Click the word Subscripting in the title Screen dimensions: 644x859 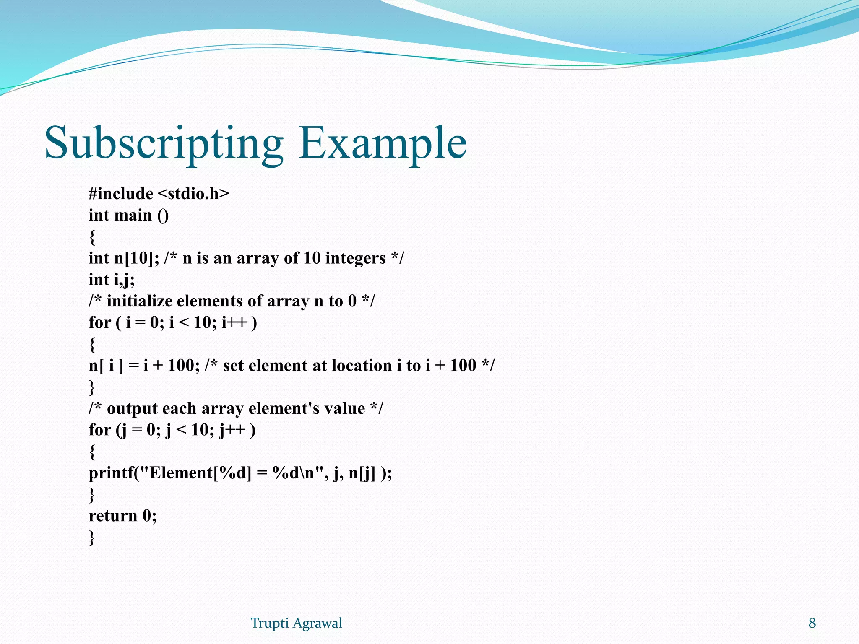point(164,143)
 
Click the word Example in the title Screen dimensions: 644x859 point(382,143)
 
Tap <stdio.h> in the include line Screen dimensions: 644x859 point(194,194)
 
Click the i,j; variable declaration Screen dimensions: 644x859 point(124,280)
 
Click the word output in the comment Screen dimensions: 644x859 point(130,408)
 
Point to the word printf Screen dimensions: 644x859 point(111,473)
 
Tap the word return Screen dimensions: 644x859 point(113,516)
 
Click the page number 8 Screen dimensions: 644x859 point(812,623)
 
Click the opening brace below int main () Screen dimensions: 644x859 point(92,237)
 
